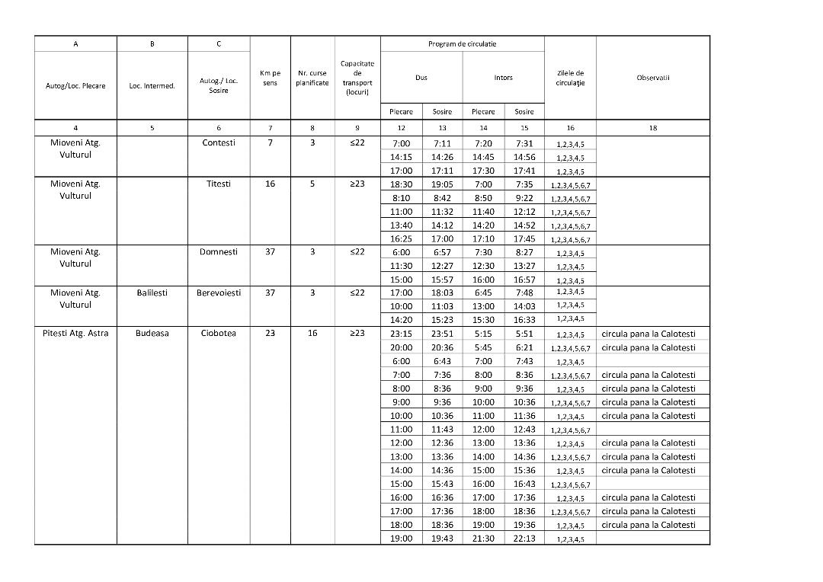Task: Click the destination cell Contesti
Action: click(219, 142)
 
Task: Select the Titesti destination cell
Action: click(219, 184)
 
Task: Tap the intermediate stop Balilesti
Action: click(152, 293)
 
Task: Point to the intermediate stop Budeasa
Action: click(152, 333)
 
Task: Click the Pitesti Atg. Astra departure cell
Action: click(75, 333)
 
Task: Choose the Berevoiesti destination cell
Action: click(219, 293)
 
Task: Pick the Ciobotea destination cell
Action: click(219, 333)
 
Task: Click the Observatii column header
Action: click(653, 77)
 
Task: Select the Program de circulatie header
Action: click(463, 44)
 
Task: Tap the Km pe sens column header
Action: click(270, 78)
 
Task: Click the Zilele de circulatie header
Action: click(570, 78)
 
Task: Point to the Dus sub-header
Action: click(421, 78)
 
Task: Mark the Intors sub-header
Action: click(504, 78)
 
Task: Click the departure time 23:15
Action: click(402, 334)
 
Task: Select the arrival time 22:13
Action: click(524, 539)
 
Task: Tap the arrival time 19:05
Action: click(442, 184)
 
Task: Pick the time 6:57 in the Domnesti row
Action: click(442, 252)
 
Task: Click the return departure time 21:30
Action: click(483, 539)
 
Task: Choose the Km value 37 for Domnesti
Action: click(270, 252)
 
